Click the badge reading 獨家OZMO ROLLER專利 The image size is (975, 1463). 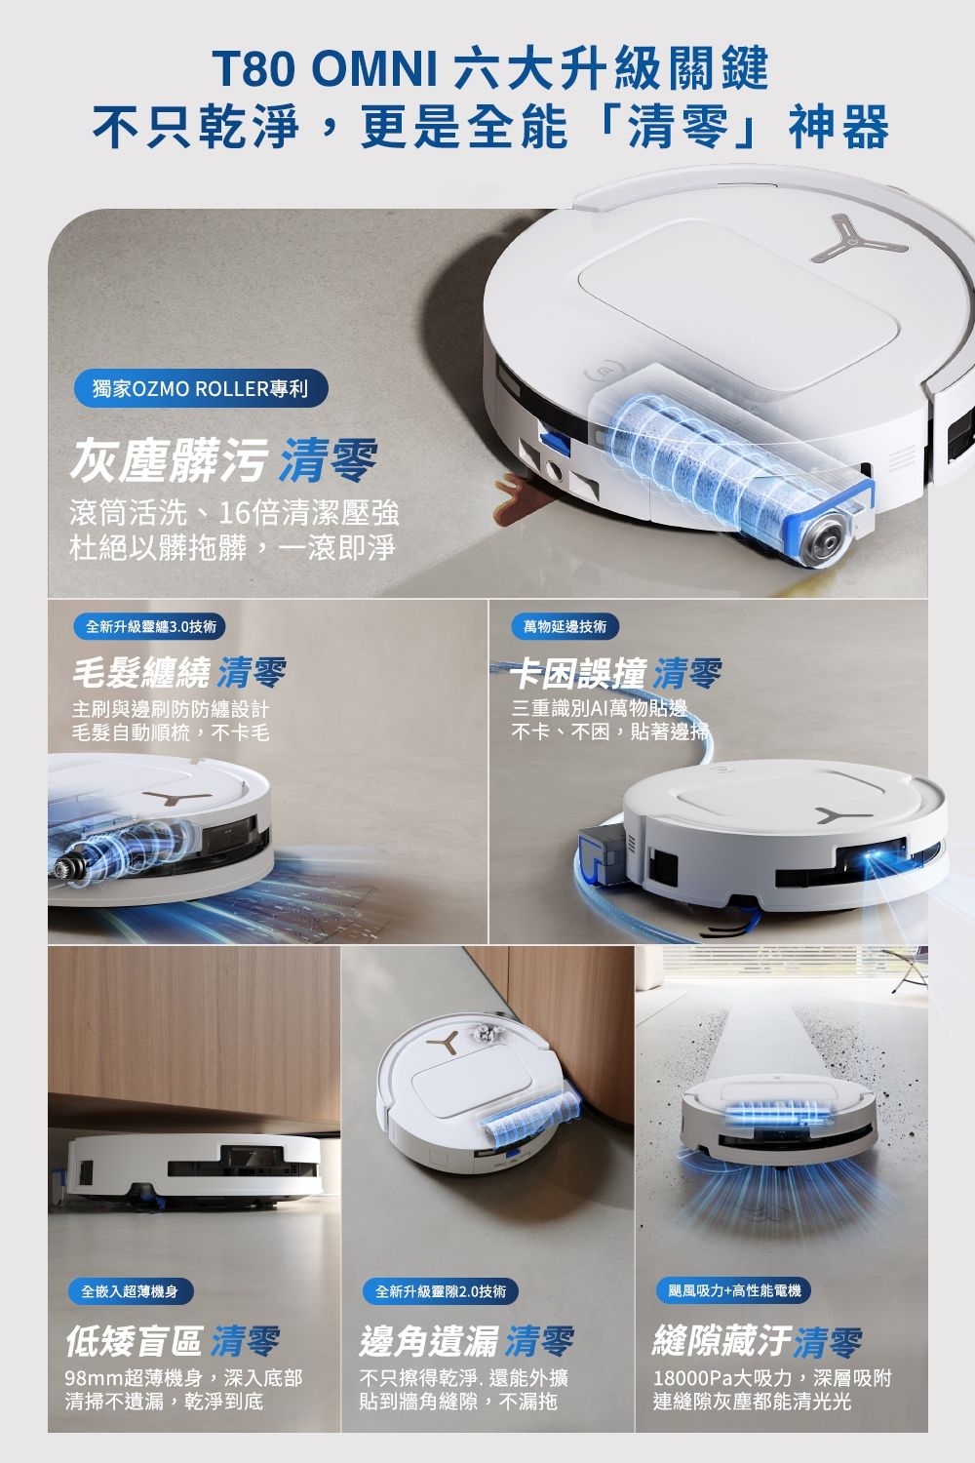[x=201, y=389]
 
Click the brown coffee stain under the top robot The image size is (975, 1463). [x=514, y=486]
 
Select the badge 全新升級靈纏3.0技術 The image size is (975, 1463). [x=151, y=626]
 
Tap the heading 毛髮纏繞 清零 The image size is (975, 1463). [x=179, y=673]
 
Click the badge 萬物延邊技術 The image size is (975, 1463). [x=565, y=626]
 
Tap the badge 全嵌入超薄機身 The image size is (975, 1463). [x=130, y=1290]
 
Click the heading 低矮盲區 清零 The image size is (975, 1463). [x=173, y=1342]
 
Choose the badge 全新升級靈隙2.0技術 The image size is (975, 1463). [x=441, y=1290]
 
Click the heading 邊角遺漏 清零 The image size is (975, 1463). [x=467, y=1342]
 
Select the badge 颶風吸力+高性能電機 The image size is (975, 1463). [x=734, y=1290]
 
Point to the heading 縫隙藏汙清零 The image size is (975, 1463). [x=758, y=1342]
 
